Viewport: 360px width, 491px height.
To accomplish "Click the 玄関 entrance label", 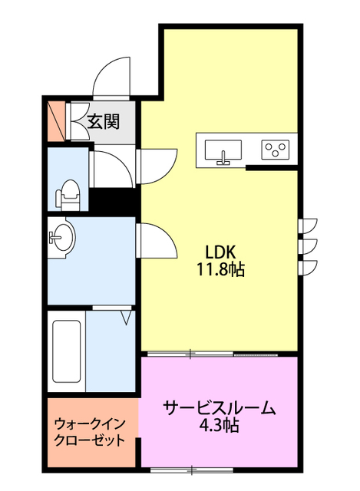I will [101, 120].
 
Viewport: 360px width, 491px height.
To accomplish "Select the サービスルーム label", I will [219, 408].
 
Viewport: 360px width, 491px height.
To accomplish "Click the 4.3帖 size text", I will [219, 425].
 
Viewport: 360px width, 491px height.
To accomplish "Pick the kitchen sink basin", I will [223, 148].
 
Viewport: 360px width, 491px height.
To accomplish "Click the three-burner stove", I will [275, 149].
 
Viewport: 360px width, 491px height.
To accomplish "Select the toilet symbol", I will [69, 195].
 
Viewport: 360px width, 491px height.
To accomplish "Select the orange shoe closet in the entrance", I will [55, 120].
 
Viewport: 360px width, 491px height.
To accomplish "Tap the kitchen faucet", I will [223, 159].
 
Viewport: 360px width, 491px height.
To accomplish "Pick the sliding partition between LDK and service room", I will [219, 354].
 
